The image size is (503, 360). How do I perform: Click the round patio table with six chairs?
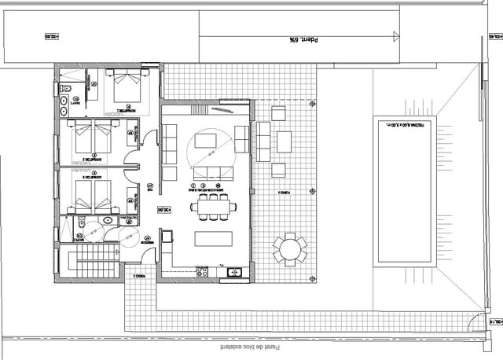290,249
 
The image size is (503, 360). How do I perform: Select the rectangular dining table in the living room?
212,208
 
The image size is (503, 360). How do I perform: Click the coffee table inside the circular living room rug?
207,141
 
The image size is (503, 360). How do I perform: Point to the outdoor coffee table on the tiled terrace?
284,141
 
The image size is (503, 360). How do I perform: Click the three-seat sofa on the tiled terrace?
263,141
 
